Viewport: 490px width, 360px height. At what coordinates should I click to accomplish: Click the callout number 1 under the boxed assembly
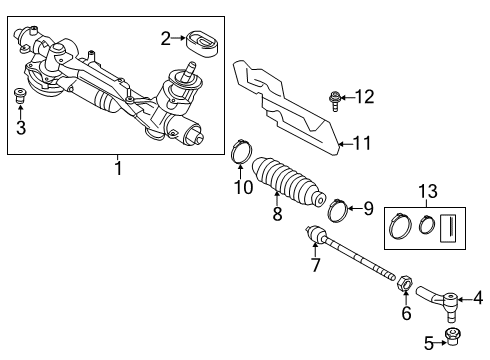coord(118,168)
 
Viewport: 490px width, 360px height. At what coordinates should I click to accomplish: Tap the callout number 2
coord(166,38)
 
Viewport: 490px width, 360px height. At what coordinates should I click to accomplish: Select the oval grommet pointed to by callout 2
coord(203,44)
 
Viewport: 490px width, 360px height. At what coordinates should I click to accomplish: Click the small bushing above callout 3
coord(21,96)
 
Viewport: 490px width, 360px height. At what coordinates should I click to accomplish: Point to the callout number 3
coord(21,128)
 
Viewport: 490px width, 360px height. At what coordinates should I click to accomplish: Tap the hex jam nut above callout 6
coord(405,284)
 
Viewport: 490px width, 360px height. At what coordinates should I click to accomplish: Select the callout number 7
coord(316,265)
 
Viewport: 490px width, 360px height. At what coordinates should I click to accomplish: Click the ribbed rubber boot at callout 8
coord(288,180)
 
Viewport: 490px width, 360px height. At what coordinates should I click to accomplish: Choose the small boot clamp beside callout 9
coord(338,210)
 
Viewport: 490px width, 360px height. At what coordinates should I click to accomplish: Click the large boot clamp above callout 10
coord(242,152)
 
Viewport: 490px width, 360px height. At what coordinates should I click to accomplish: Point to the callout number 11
coord(362,143)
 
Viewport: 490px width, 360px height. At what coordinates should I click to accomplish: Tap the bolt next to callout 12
coord(333,101)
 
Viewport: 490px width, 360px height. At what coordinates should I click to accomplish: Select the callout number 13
coord(428,192)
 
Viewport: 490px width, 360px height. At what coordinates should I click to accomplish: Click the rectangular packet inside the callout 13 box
coord(448,228)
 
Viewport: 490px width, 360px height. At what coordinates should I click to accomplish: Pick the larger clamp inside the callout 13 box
coord(400,227)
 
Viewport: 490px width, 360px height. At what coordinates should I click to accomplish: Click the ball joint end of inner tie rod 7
coord(316,234)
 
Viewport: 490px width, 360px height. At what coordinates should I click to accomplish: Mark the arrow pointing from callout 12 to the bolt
coord(346,98)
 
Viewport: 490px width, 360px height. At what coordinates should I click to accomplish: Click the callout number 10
coord(244,187)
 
